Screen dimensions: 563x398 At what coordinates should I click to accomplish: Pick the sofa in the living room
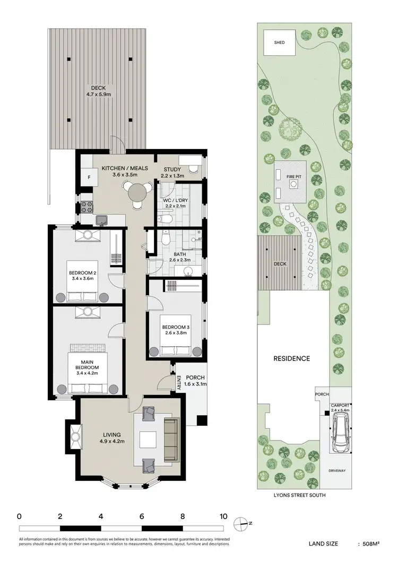pos(171,439)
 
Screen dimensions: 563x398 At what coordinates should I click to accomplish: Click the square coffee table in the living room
pos(148,440)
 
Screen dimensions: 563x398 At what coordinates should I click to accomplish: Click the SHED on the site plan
pos(280,43)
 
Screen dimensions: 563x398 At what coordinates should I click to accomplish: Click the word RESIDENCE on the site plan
pos(291,358)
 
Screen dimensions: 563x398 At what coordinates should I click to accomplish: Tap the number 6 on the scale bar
pos(141,516)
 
